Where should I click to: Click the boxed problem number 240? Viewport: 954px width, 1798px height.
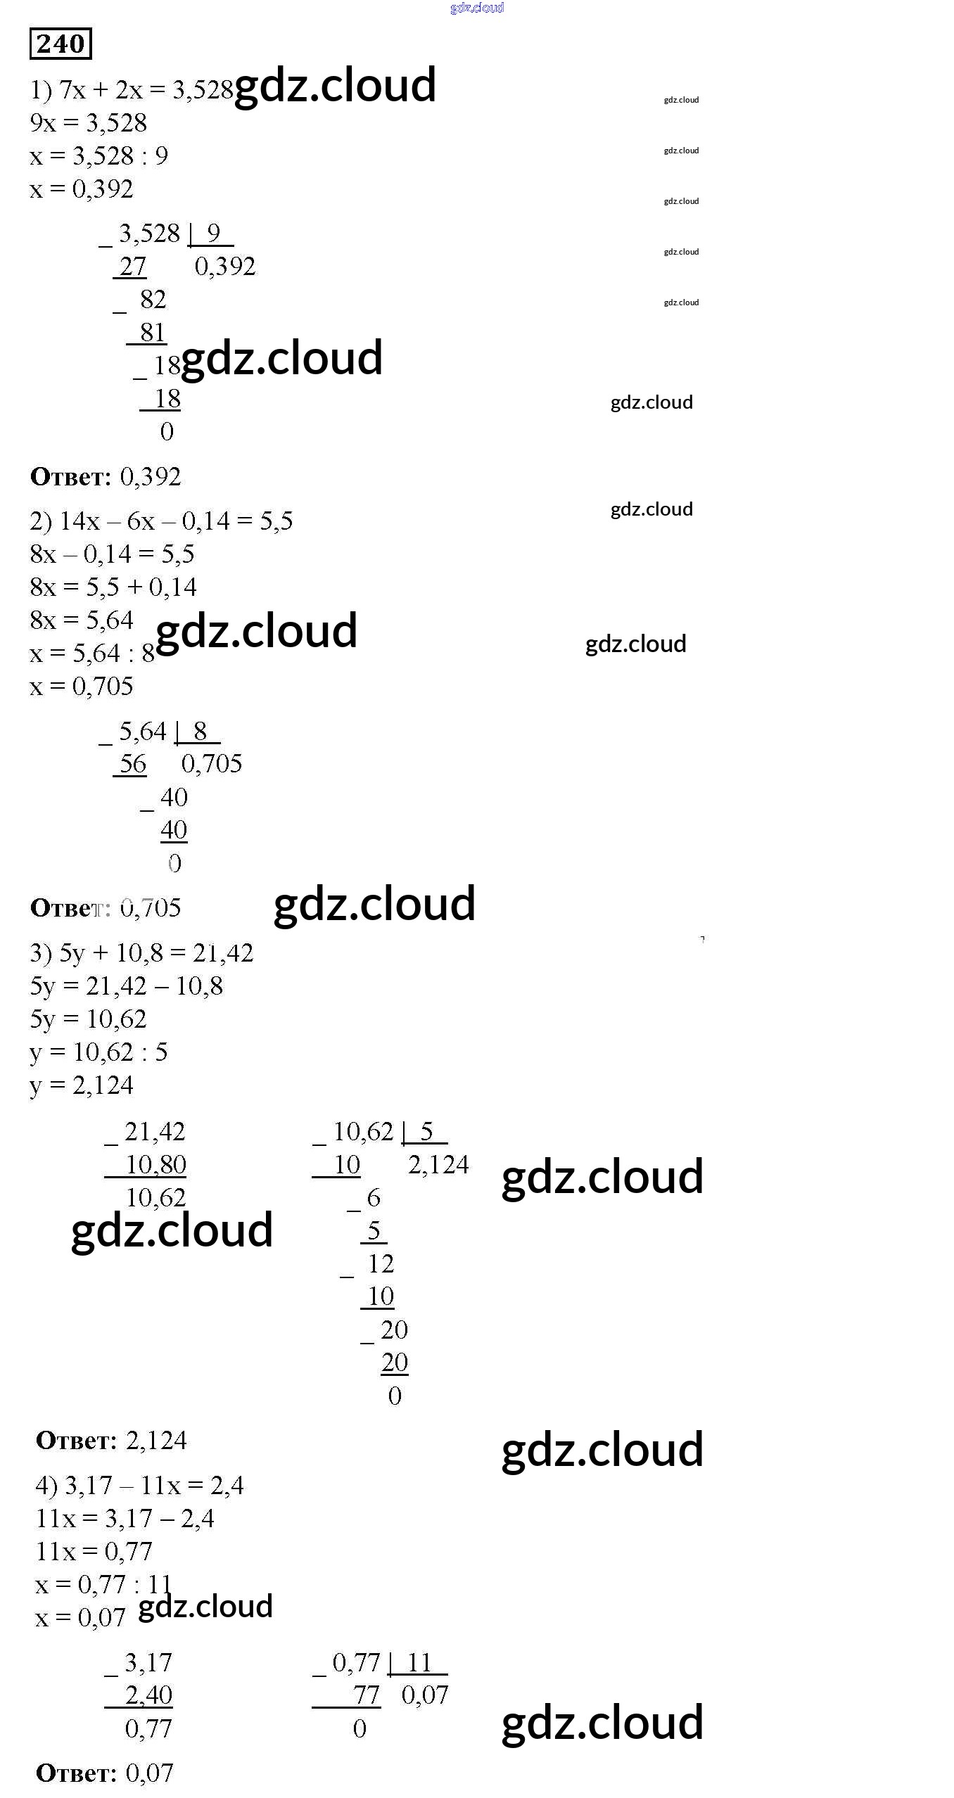click(x=61, y=44)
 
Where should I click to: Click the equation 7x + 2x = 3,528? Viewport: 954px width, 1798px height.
click(x=132, y=90)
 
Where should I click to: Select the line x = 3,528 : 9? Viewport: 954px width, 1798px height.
click(x=98, y=155)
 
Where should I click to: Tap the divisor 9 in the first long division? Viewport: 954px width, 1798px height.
click(x=213, y=233)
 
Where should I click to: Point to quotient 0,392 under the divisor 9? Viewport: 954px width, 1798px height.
click(x=224, y=266)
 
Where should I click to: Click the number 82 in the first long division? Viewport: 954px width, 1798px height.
click(x=153, y=299)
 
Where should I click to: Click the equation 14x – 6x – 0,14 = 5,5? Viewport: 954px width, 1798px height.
click(x=161, y=521)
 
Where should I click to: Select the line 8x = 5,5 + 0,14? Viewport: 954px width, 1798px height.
click(x=113, y=587)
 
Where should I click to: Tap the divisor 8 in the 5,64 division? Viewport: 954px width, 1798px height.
click(x=200, y=731)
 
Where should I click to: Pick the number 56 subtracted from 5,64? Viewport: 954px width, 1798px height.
click(x=132, y=763)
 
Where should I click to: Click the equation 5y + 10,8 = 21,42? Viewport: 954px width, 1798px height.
click(x=141, y=953)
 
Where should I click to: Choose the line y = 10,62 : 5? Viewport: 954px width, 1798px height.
click(x=98, y=1052)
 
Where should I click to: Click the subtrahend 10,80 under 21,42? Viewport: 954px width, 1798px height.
click(x=155, y=1165)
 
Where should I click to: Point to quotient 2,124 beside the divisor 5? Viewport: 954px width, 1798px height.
click(x=438, y=1165)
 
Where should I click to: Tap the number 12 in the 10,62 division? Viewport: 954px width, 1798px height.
click(x=381, y=1264)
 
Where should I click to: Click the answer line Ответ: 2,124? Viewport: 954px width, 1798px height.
click(x=111, y=1441)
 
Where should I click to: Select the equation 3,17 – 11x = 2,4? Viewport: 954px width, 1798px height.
click(x=139, y=1486)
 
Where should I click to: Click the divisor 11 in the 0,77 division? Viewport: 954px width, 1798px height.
click(x=419, y=1663)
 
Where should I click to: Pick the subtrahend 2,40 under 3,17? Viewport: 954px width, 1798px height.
click(x=148, y=1695)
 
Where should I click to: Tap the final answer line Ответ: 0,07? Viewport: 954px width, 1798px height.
click(x=104, y=1773)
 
